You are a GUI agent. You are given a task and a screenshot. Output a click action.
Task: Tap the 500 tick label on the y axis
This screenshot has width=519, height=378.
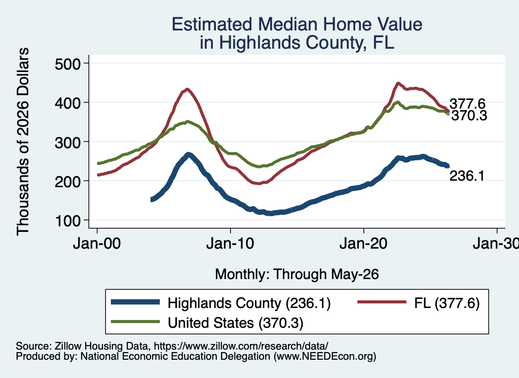tap(67, 63)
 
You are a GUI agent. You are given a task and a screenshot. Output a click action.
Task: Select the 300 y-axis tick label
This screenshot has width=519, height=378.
tap(67, 142)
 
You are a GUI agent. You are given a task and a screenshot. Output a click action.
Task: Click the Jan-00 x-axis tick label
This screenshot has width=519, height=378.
tap(97, 244)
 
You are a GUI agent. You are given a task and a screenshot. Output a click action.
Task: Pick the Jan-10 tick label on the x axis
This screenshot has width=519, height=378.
tap(230, 244)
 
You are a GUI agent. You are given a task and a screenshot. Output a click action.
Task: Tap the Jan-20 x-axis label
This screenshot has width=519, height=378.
tap(363, 244)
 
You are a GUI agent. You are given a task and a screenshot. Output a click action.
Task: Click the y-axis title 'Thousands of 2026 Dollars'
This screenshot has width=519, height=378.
tap(23, 142)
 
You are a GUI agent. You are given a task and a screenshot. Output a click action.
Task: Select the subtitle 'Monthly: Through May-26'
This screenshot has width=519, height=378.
tap(297, 274)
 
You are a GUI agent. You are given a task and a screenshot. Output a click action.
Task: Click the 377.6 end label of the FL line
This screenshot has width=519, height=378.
tap(467, 104)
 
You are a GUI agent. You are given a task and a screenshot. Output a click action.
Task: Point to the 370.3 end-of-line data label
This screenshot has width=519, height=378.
tap(469, 116)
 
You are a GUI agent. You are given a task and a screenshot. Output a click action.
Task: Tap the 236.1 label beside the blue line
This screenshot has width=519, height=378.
tap(467, 176)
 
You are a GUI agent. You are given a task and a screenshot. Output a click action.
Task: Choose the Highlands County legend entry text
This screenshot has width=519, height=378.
tap(249, 303)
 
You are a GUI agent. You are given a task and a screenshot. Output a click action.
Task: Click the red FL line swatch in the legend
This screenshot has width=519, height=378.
tap(382, 302)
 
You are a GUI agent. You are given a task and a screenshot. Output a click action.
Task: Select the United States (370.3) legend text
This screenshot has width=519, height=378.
tap(235, 323)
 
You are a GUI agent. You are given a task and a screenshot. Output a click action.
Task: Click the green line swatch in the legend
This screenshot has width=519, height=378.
tap(135, 321)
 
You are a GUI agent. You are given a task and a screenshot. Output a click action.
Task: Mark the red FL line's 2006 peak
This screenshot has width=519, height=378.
tap(188, 89)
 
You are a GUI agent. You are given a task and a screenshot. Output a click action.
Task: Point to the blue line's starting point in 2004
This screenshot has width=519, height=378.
tap(152, 199)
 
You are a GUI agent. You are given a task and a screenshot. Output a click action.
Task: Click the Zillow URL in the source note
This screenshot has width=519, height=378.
tap(241, 346)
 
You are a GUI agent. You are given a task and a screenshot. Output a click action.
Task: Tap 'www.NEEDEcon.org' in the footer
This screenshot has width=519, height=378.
tap(325, 356)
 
